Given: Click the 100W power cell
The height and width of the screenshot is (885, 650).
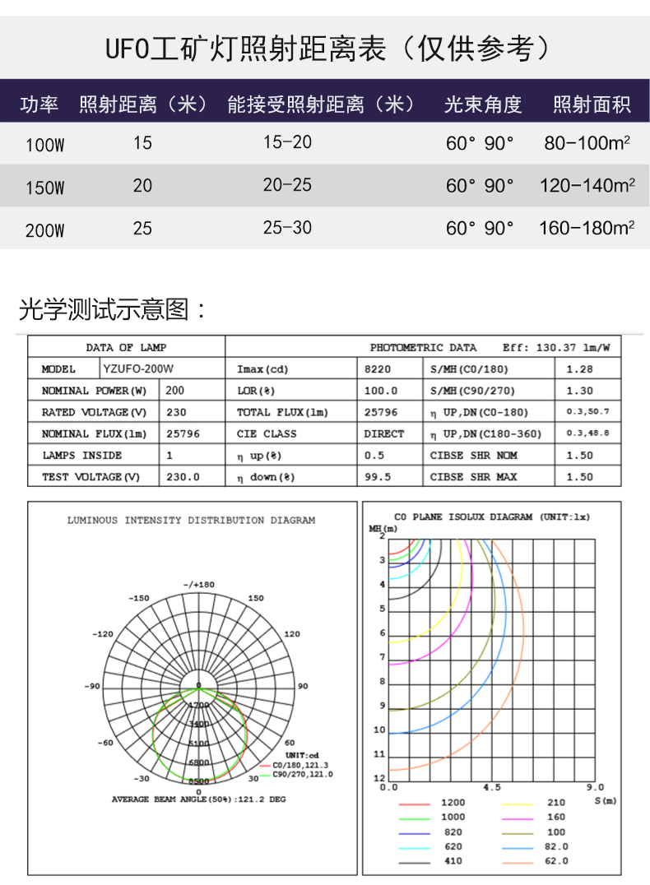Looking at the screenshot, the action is (x=44, y=145).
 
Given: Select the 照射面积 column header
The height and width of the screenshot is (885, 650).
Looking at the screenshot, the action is (x=591, y=104).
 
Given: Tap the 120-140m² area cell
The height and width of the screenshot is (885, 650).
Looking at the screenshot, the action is (x=587, y=186).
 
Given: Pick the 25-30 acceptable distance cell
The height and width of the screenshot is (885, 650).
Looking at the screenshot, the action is (x=287, y=228).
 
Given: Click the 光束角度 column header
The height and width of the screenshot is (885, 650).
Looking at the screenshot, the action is (x=483, y=104).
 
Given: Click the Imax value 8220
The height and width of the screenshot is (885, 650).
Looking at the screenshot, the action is (x=378, y=369).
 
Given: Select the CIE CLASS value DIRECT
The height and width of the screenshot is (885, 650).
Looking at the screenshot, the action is (x=384, y=433).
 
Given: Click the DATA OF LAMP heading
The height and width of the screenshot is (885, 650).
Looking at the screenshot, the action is (x=126, y=348).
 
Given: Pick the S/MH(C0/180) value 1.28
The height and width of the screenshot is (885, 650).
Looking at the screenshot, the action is (x=579, y=369).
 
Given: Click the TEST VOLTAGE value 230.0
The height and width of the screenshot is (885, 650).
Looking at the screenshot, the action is (x=183, y=477).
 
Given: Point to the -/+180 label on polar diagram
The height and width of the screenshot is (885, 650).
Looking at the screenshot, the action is (x=198, y=584).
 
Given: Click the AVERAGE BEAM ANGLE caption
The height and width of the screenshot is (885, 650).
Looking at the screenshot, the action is (x=198, y=799).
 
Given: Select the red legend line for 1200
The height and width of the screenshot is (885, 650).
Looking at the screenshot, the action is (x=415, y=803).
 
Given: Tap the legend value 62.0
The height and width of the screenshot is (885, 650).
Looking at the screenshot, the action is (x=556, y=861).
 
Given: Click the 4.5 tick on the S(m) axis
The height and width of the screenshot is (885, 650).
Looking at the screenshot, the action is (x=491, y=787).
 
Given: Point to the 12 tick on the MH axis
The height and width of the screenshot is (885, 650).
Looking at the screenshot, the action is (x=379, y=778).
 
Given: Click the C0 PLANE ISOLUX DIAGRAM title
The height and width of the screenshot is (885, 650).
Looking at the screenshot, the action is (x=491, y=517).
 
